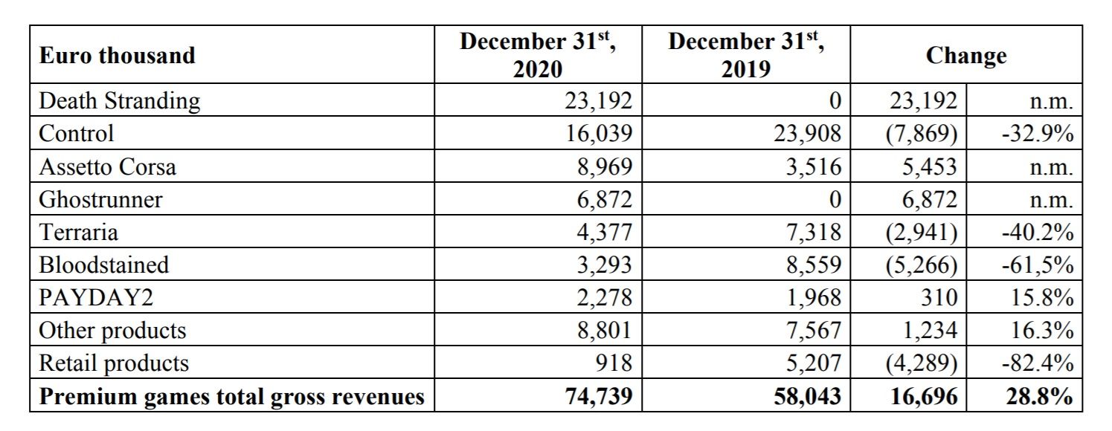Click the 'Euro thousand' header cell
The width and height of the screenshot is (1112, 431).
tap(118, 55)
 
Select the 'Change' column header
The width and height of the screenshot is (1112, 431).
tap(966, 56)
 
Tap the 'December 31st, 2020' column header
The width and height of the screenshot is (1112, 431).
tap(538, 55)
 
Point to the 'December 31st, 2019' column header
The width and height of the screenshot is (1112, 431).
tap(746, 55)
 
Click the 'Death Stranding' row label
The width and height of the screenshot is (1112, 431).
tap(120, 101)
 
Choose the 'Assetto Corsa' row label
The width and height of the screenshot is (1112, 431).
tap(108, 166)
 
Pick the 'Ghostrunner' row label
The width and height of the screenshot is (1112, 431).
tap(100, 199)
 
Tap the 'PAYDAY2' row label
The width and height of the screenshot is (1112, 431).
tap(96, 297)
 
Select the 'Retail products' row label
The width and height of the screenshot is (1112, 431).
tap(114, 363)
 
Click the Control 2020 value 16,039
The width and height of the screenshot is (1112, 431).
tap(600, 134)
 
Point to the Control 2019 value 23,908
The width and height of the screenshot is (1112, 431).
tap(807, 134)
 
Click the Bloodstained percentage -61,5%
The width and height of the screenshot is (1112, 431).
tap(1038, 265)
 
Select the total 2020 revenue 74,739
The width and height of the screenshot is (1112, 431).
tap(599, 396)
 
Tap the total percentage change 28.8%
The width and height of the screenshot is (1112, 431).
tap(1040, 396)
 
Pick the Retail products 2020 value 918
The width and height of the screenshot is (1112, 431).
tap(614, 363)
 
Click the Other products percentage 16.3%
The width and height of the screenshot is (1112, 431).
tap(1043, 331)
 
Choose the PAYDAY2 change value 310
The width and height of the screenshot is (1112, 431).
tap(939, 297)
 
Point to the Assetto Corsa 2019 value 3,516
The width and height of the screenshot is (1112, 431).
tap(814, 166)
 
